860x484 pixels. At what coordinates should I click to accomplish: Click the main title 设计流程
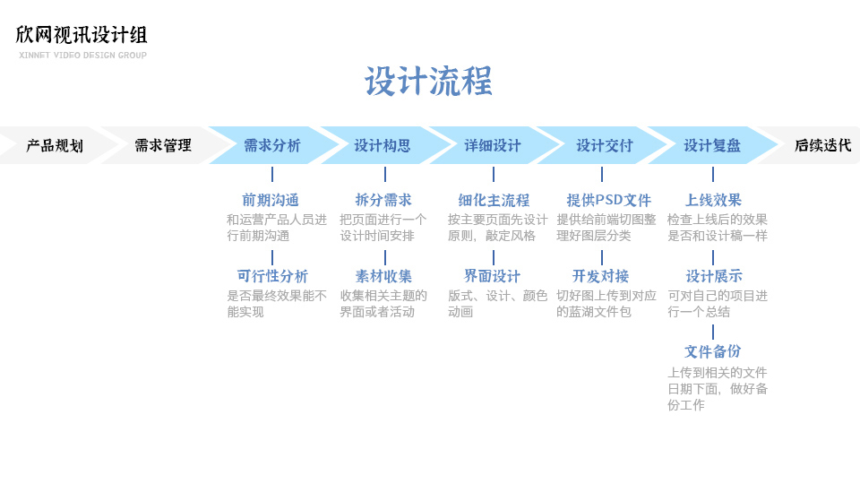tap(428, 82)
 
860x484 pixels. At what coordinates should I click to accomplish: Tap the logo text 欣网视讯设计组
tap(82, 35)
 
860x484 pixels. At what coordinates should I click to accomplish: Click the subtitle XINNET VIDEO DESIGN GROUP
tap(82, 55)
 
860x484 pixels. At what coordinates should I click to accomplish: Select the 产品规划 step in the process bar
tap(55, 145)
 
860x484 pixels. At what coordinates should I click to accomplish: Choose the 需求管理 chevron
tap(163, 145)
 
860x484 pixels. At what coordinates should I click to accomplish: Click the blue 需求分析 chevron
tap(272, 145)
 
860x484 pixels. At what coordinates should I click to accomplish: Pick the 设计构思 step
tap(383, 145)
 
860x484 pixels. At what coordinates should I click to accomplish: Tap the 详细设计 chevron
tap(493, 145)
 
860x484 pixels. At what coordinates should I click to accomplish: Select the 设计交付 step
tap(604, 145)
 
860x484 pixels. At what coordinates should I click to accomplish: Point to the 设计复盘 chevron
tap(712, 145)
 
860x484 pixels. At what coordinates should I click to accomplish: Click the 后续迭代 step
tap(822, 145)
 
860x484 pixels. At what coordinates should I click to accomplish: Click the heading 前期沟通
tap(271, 200)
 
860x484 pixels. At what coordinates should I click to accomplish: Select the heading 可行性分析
tap(272, 276)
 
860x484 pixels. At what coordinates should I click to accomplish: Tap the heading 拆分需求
tap(383, 200)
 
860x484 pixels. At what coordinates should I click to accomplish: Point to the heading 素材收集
tap(383, 276)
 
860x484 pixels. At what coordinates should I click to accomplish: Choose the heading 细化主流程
tap(494, 200)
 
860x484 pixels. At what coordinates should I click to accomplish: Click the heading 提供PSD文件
tap(609, 200)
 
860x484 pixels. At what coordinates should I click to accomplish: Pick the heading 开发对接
tap(600, 276)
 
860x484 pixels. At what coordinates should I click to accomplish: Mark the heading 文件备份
tap(712, 351)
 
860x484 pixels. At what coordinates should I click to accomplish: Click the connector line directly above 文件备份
tap(713, 332)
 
